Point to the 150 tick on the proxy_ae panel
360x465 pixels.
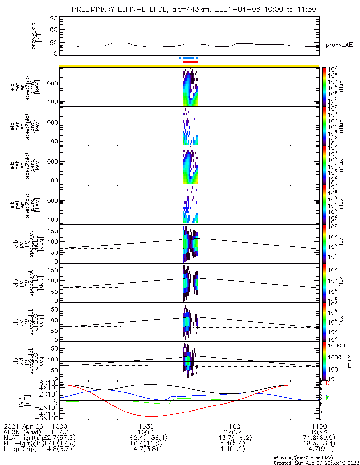pos(52,19)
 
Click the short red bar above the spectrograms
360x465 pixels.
pos(190,61)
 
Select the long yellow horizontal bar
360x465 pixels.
pos(189,66)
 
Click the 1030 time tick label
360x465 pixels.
pos(146,426)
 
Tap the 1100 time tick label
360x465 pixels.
pos(232,426)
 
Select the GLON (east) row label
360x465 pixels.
pos(23,432)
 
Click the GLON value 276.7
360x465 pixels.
pos(232,432)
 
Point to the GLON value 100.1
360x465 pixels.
pos(146,432)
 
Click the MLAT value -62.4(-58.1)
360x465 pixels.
pos(146,438)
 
